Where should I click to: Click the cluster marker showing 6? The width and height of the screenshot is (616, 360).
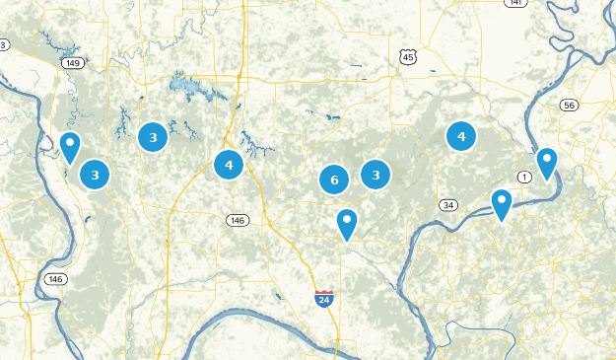pos(334,180)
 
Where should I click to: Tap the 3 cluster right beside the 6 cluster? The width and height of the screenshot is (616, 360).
pos(376,176)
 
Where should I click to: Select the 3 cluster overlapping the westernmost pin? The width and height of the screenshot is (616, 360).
pos(95,176)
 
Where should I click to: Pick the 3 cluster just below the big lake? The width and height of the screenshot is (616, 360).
pos(153,137)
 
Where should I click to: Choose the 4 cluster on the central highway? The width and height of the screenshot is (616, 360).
pos(229,165)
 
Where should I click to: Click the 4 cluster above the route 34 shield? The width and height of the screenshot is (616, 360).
pos(461,136)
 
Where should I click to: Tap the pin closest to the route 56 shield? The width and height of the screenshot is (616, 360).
pos(546,162)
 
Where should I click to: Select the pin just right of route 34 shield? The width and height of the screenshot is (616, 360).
pos(502,204)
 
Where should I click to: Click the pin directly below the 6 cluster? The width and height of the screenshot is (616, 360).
pos(346,223)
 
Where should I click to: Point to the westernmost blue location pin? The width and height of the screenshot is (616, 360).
pos(70,147)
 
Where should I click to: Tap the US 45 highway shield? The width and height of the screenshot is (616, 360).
pos(408,58)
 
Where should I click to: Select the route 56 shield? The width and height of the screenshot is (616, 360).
pos(569,105)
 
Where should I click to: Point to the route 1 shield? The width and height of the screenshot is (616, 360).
pos(524,177)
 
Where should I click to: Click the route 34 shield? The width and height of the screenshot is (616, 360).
pos(449,205)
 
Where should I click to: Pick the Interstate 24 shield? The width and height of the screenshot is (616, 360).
pos(324,298)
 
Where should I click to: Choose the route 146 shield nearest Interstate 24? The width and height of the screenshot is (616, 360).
pos(237,220)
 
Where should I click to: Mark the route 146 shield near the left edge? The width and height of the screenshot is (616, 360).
pos(56,279)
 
